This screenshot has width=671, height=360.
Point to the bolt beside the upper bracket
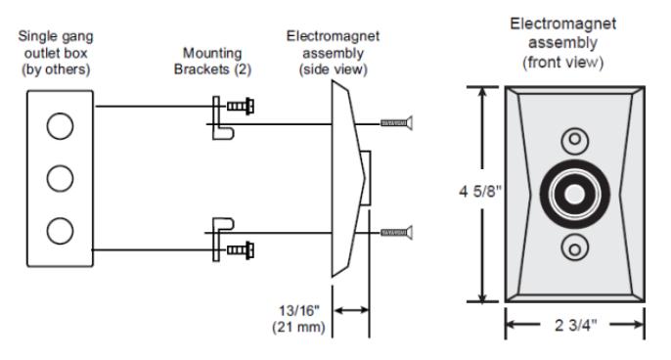coord(241,107)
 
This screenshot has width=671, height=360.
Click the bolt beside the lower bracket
coord(241,250)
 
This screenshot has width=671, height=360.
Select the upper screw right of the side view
coord(397,123)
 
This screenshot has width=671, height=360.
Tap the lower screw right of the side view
coord(397,233)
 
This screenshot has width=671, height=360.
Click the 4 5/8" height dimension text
coord(479,192)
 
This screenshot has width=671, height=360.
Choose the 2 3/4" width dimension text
coord(575,326)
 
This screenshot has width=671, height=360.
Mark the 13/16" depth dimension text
coord(299,310)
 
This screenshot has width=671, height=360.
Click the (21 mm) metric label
coord(298,328)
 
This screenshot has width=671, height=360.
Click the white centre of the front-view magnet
coord(574,194)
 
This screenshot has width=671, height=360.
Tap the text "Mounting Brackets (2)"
coord(212,62)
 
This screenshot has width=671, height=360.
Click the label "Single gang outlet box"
coord(56,45)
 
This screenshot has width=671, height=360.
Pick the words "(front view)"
coord(562,63)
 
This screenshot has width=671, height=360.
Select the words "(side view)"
coord(333,69)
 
